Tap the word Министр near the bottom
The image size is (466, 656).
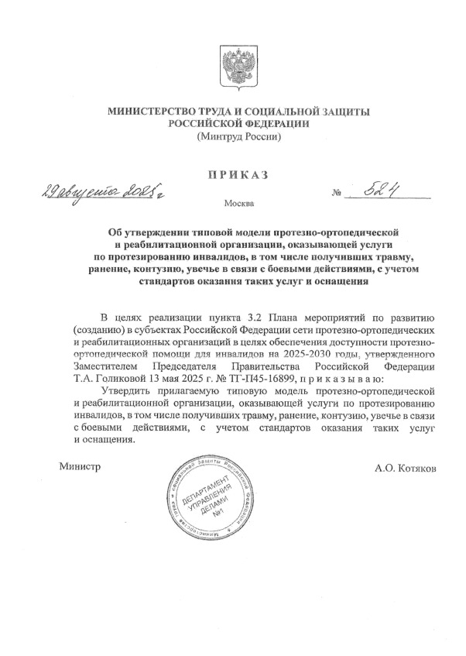[80, 467]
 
